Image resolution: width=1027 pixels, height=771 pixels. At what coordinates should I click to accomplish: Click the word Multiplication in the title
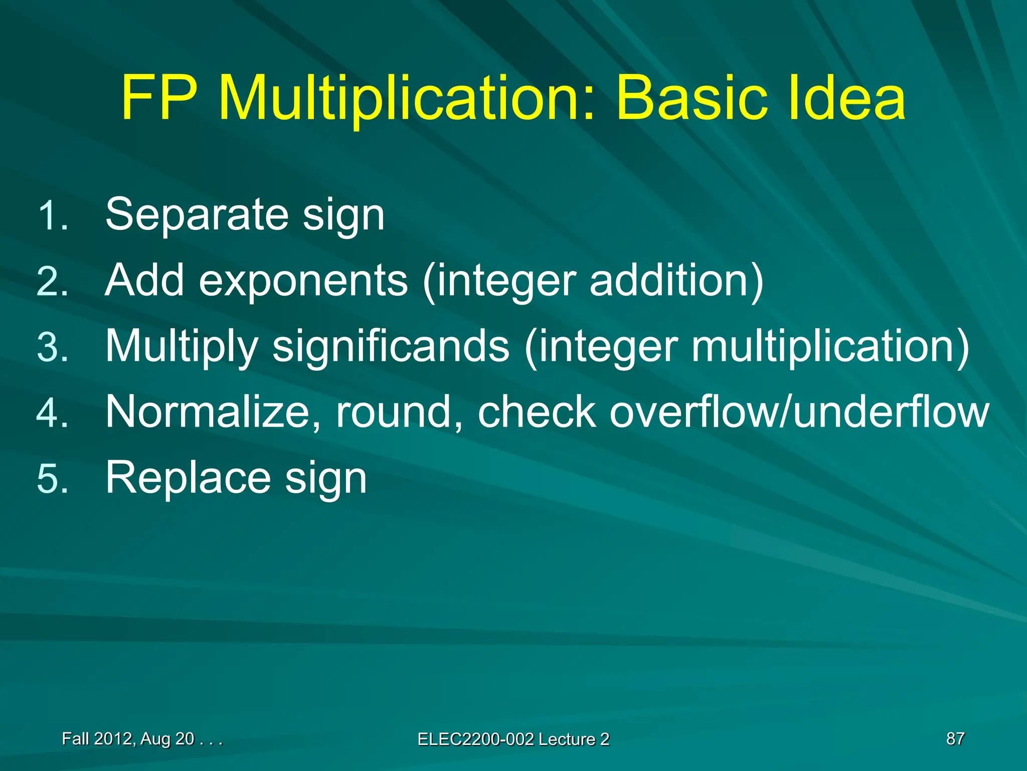point(405,98)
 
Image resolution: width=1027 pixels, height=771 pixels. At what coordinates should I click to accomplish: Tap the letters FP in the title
point(158,98)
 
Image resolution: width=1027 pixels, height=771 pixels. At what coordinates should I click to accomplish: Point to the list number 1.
point(52,216)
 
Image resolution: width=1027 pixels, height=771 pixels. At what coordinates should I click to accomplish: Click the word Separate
point(197,215)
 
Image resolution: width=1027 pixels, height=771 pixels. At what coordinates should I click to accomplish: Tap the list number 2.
point(52,282)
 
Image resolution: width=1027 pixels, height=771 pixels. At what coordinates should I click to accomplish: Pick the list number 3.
point(52,348)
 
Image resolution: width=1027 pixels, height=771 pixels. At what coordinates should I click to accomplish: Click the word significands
point(391,347)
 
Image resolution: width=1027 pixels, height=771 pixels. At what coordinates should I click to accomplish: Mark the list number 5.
point(52,479)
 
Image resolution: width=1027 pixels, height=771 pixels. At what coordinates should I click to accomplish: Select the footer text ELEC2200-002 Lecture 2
point(513,739)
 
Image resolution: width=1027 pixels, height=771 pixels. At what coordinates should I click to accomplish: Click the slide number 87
point(955,739)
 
